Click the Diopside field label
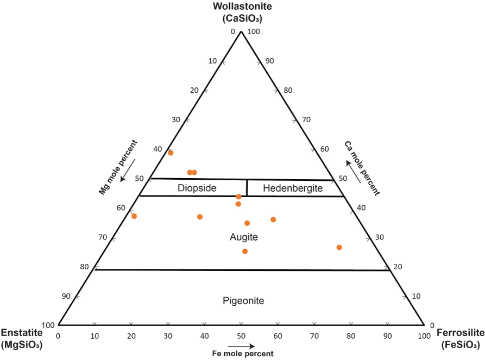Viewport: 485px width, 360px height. pos(197,188)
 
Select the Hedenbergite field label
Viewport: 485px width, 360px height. pos(293,188)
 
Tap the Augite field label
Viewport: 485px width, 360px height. pos(244,237)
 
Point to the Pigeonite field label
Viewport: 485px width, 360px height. pos(243,301)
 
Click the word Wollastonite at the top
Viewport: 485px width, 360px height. pos(242,7)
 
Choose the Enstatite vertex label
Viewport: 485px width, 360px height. pos(22,333)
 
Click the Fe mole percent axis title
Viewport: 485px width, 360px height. pos(242,353)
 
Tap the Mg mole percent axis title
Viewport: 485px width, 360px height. pos(118,167)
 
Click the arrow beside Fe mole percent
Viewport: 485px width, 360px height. pos(241,345)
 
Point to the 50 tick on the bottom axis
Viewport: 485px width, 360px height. pos(241,336)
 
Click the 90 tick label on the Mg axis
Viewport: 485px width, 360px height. pos(66,296)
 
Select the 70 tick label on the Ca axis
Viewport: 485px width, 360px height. pos(306,119)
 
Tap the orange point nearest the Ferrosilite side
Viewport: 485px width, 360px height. pos(339,248)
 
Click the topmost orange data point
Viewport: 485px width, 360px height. pos(171,153)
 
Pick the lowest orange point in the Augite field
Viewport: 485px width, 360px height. pos(245,251)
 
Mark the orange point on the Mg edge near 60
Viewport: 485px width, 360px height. pos(134,216)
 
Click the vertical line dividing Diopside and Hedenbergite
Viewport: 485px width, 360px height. pos(247,188)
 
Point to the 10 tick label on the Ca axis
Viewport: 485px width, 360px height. pos(417,296)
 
